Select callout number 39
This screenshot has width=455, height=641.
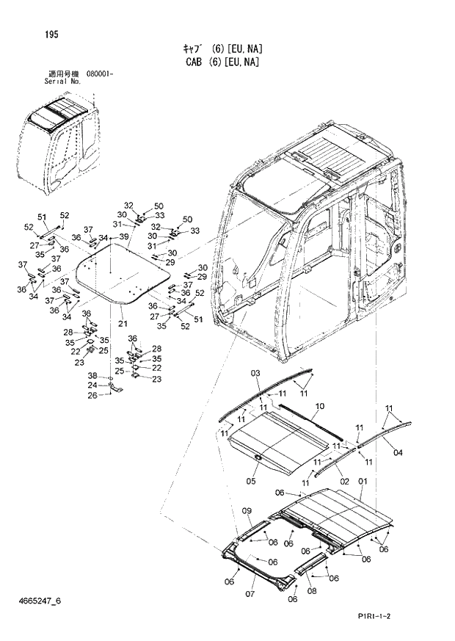123,236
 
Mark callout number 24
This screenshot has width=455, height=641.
92,385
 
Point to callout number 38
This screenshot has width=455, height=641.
92,375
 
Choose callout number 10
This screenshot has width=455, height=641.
319,406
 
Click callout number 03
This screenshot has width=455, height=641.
255,374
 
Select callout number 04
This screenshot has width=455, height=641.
398,452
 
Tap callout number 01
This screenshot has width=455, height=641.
362,481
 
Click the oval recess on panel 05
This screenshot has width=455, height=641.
259,458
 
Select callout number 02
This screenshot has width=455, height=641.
344,481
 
